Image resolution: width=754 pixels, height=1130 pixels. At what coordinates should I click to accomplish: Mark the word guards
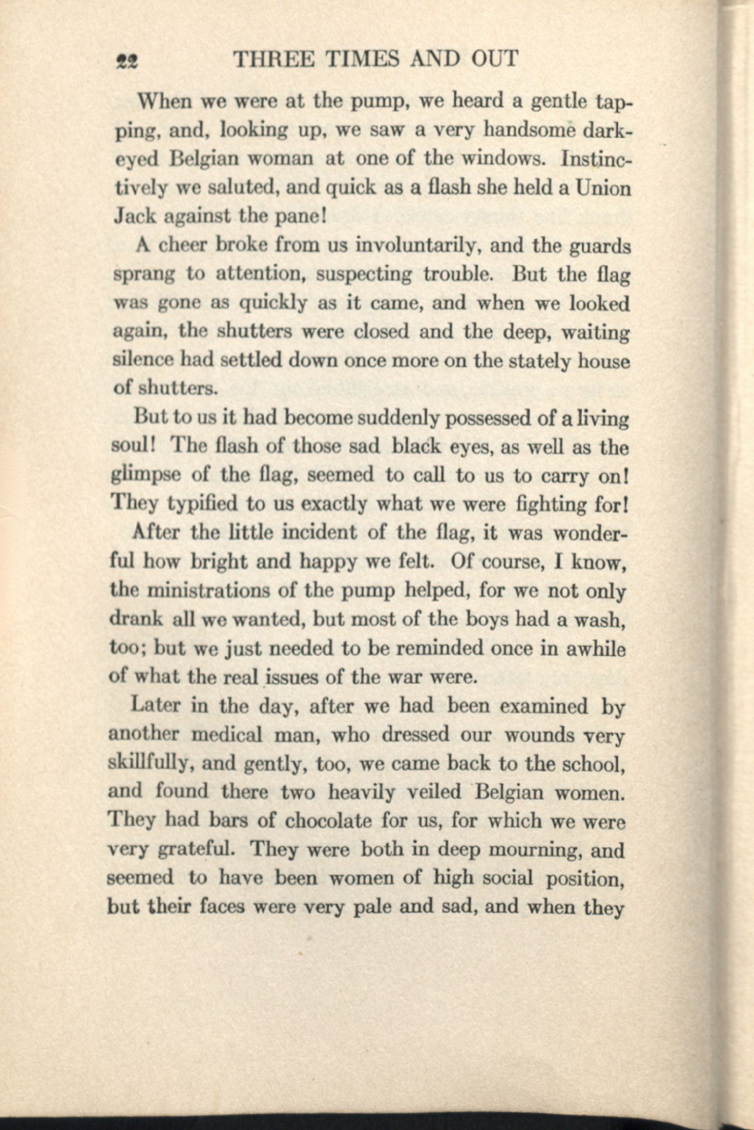[601, 247]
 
